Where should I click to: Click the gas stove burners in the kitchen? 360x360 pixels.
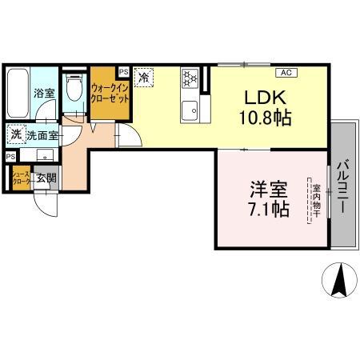(190, 78)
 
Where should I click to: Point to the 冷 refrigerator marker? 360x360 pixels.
(144, 78)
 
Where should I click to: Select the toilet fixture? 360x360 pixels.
(74, 87)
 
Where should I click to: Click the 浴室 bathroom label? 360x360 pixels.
(43, 94)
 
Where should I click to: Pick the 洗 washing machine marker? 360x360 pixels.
(16, 135)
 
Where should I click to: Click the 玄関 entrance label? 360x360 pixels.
(44, 178)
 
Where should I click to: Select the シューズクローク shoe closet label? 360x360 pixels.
(20, 179)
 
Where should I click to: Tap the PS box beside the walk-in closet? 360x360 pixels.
(122, 70)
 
